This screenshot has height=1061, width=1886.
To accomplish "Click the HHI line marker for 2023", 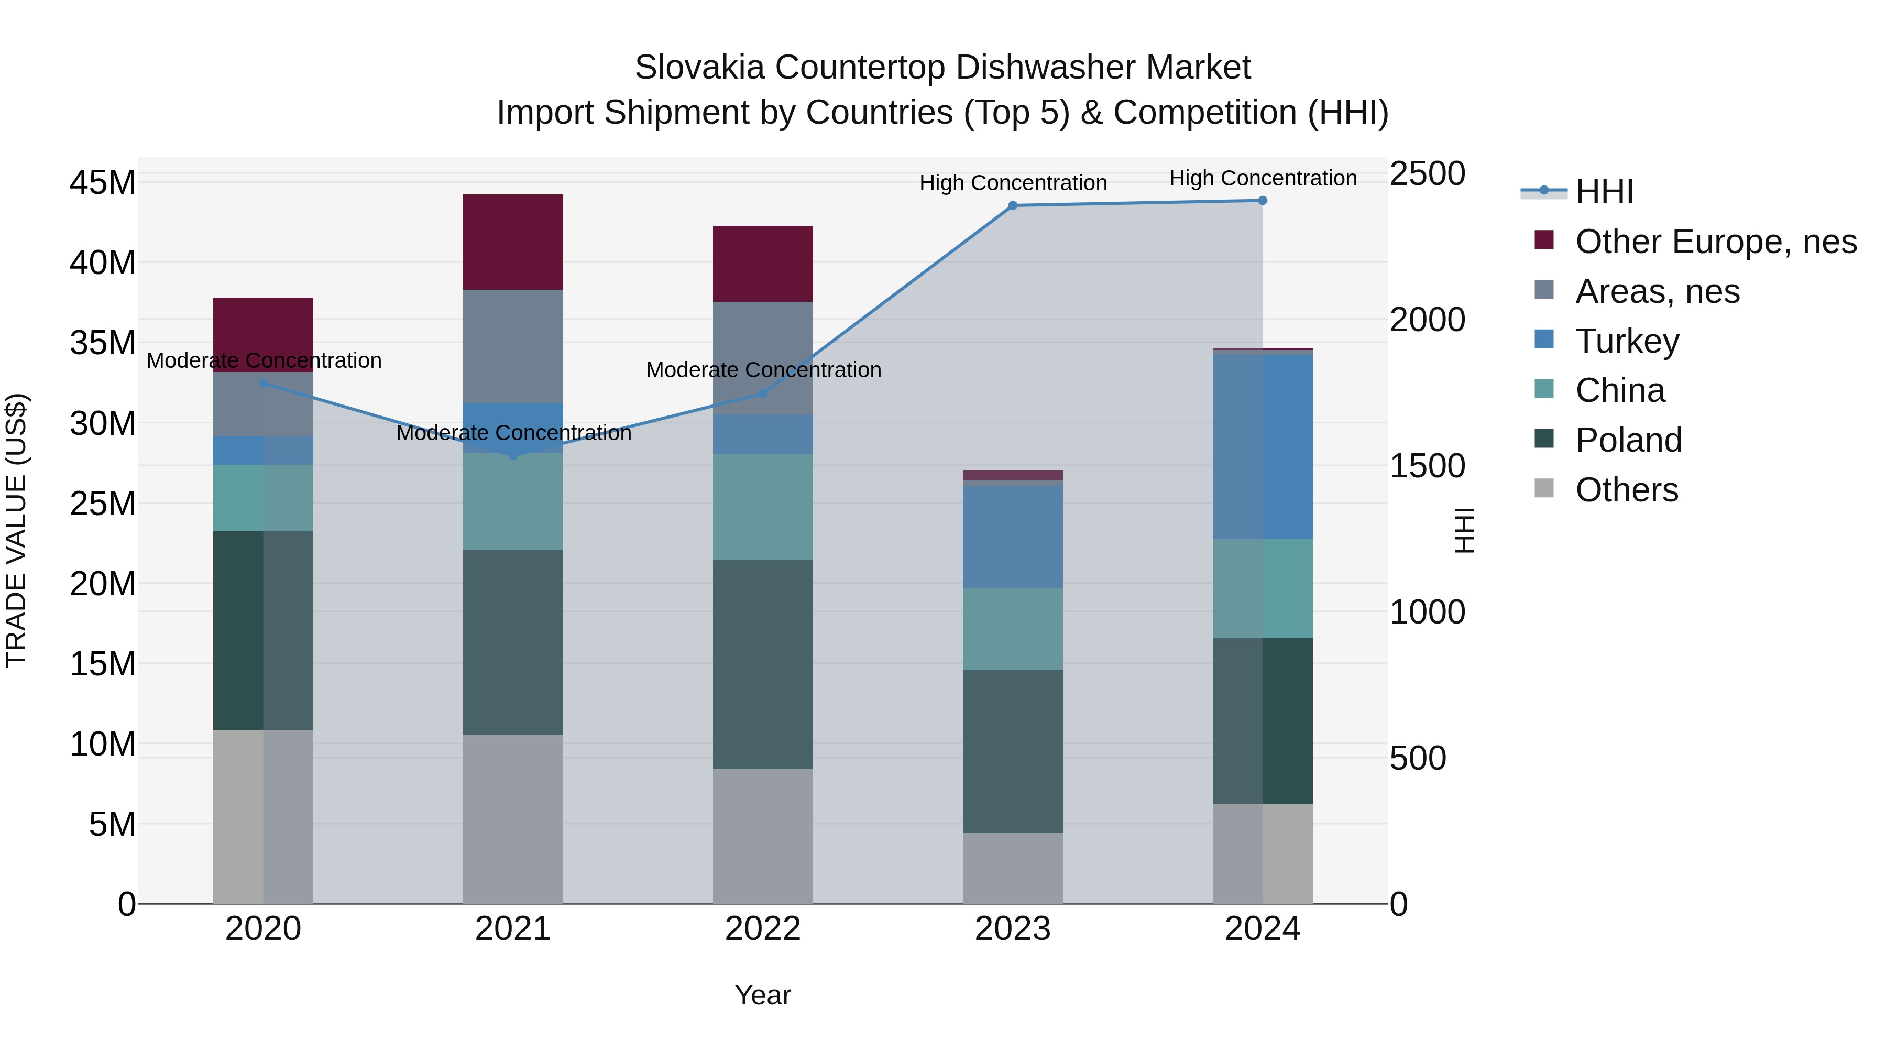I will [x=1013, y=206].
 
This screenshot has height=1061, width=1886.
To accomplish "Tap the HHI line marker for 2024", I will [x=1262, y=201].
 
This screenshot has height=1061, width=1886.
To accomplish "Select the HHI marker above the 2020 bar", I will [x=264, y=383].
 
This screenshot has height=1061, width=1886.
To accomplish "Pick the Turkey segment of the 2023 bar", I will [x=1013, y=537].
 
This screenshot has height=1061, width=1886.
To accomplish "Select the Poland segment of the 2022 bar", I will [x=763, y=664].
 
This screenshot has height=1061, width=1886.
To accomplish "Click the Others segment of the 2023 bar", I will [x=1013, y=868].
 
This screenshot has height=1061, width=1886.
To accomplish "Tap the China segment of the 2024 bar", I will [x=1262, y=589].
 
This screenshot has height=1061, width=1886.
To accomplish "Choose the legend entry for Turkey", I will [x=1627, y=341].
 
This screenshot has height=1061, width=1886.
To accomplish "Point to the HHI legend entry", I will [x=1604, y=192].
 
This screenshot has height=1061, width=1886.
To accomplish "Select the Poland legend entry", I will [x=1628, y=440].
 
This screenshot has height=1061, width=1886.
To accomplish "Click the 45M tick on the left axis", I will [x=103, y=182].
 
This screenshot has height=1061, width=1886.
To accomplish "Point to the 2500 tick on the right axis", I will [x=1427, y=174].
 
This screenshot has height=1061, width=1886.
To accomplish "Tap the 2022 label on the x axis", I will [x=763, y=929].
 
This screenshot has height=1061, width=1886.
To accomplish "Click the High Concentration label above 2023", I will [x=1013, y=183].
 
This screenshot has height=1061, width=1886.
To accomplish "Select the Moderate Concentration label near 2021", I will [x=513, y=433].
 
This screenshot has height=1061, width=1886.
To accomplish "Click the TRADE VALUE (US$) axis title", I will [x=17, y=530].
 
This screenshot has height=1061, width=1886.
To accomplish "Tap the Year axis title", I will [x=763, y=995].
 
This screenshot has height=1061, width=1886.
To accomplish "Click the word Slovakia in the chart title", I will [x=700, y=68].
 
